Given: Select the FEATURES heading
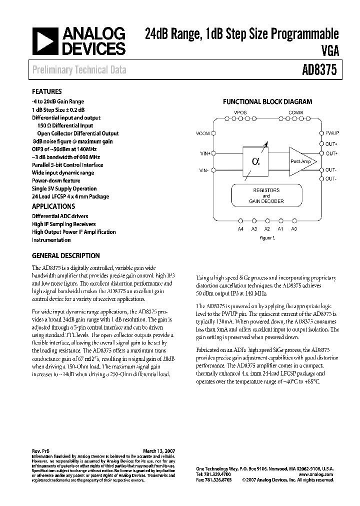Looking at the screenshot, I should pyautogui.click(x=46, y=92).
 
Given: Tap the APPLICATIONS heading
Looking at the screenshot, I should pyautogui.click(x=53, y=206).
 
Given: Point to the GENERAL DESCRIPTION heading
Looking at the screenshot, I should pyautogui.click(x=65, y=255).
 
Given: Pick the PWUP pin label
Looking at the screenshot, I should pyautogui.click(x=332, y=133).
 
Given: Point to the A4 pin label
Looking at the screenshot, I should pyautogui.click(x=240, y=228).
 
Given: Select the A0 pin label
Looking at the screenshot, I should pyautogui.click(x=294, y=228).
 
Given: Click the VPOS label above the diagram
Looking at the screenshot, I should pyautogui.click(x=240, y=113).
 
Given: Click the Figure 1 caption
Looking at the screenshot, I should pyautogui.click(x=267, y=238).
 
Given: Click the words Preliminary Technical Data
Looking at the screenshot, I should pyautogui.click(x=79, y=70).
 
